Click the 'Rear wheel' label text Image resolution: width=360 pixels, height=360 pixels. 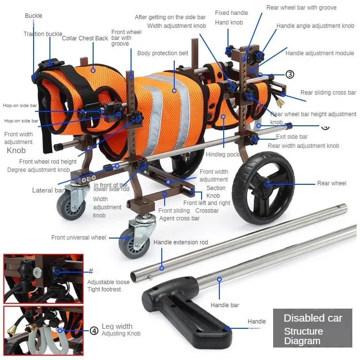tap(331, 183)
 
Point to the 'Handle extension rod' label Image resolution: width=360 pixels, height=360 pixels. tap(180, 242)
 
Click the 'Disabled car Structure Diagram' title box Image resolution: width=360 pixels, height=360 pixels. tap(312, 329)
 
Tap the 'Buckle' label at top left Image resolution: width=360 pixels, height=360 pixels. tap(34, 16)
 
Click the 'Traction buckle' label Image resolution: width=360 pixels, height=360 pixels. tap(43, 34)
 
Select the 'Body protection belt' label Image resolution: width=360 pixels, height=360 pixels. tap(163, 53)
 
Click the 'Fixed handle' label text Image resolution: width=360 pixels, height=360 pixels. tap(231, 13)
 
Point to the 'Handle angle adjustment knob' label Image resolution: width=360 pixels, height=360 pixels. tap(315, 26)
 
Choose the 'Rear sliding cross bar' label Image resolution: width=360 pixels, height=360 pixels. tap(328, 93)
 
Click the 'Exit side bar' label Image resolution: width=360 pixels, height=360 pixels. tap(292, 137)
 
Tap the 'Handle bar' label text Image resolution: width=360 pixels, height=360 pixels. tap(225, 305)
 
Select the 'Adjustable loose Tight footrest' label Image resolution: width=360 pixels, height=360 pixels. tap(104, 286)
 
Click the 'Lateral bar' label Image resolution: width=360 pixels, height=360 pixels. tap(48, 191)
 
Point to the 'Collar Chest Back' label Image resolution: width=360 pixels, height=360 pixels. tap(85, 38)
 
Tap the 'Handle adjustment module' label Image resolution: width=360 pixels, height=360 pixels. tap(320, 53)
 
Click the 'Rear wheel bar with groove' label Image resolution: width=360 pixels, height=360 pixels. tap(301, 8)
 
